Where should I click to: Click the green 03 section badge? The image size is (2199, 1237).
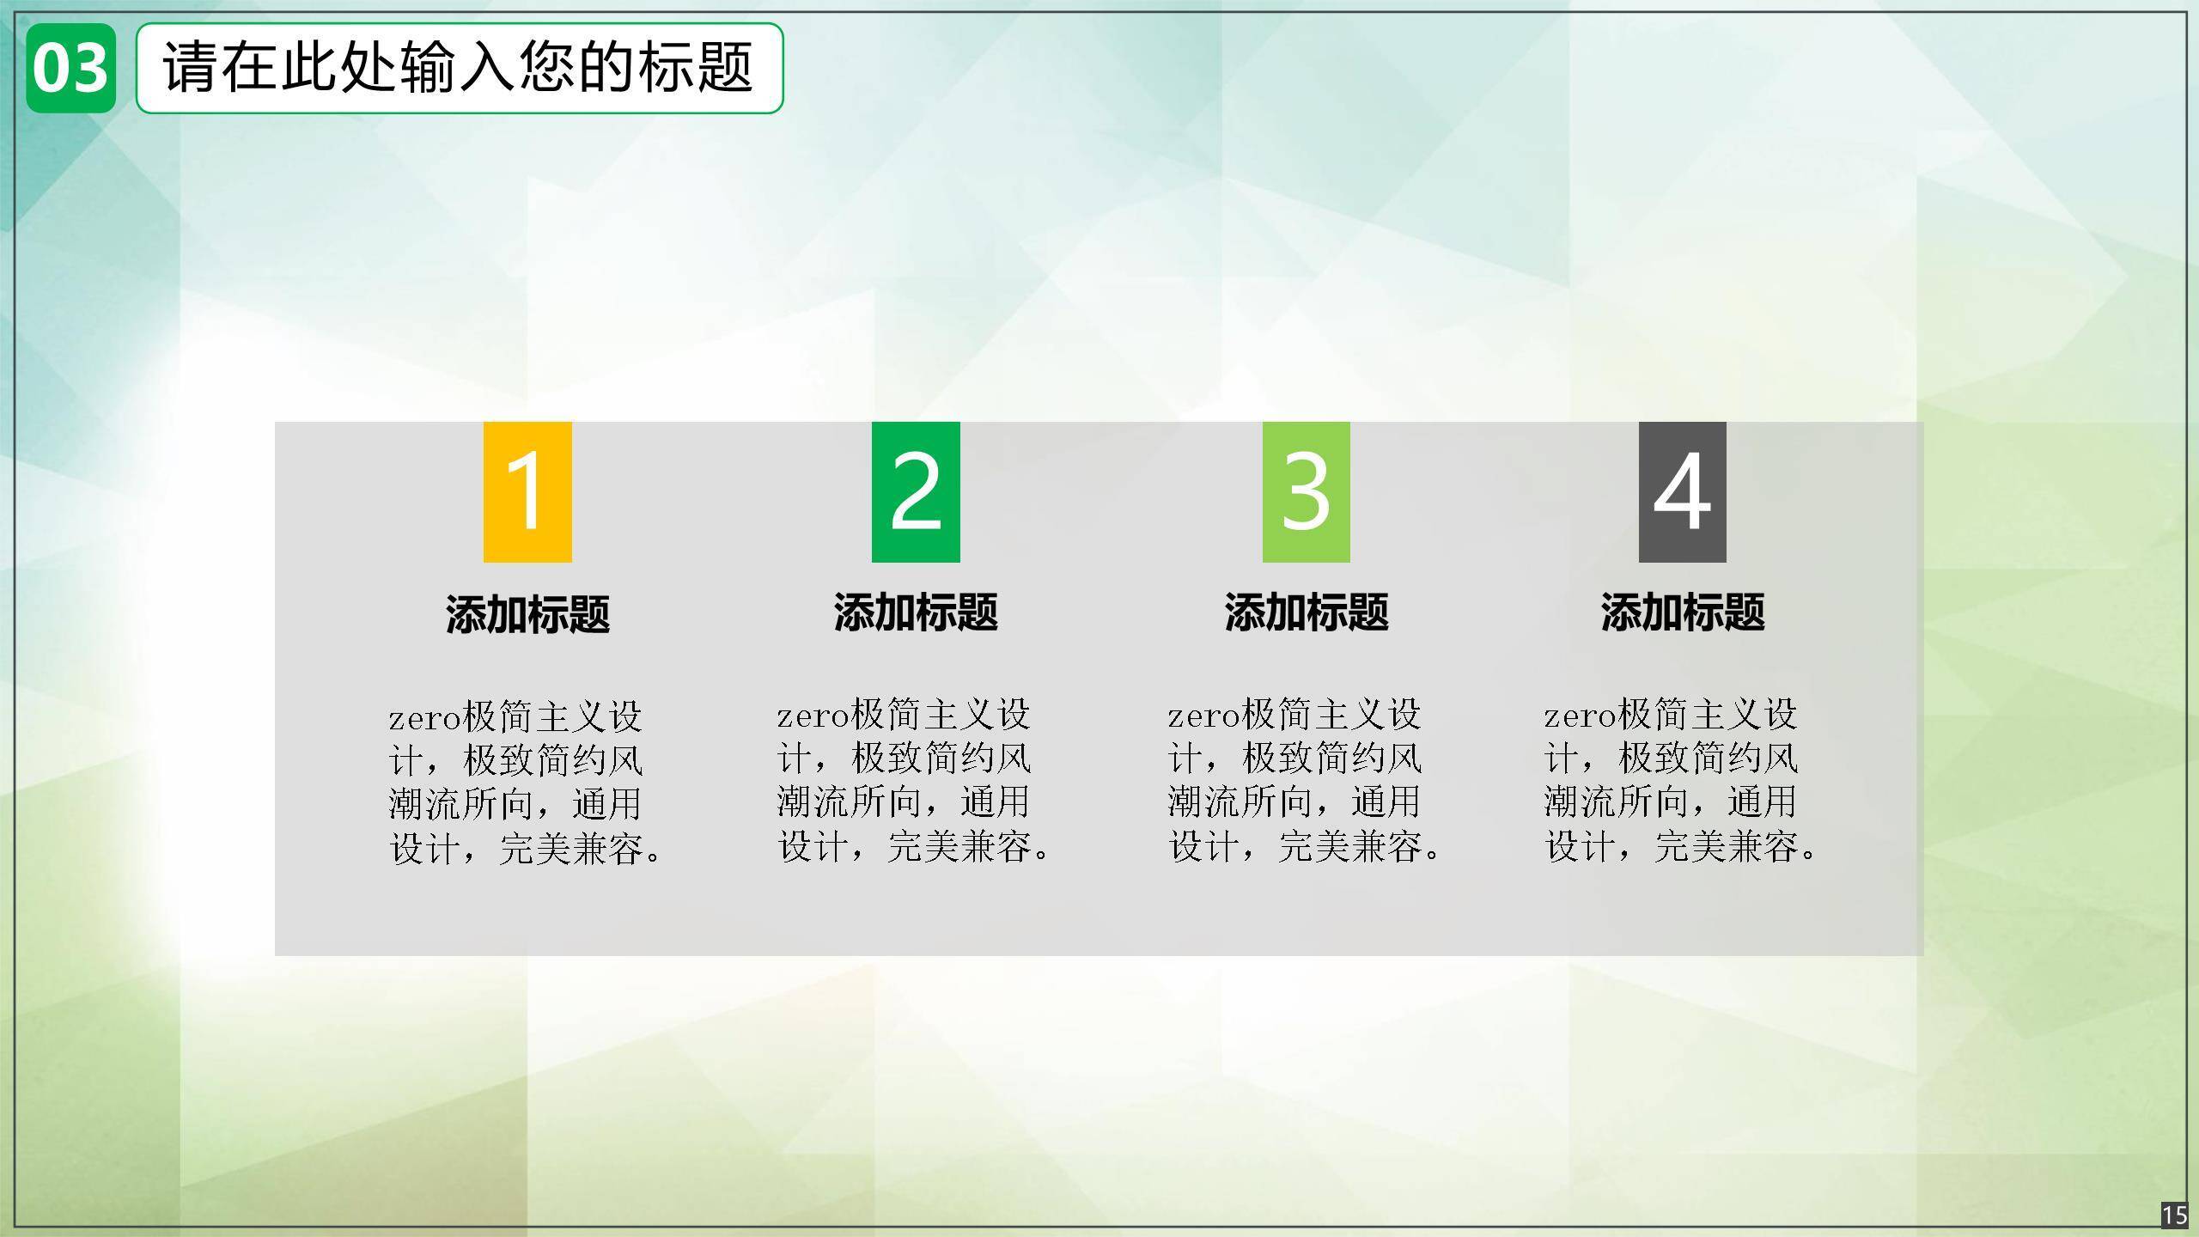pos(70,68)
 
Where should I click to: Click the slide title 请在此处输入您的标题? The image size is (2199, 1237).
pos(459,67)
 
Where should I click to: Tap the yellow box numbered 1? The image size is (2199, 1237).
pos(527,492)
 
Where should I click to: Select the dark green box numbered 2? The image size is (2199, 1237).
pos(916,492)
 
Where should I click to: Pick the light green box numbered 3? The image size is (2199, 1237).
pos(1306,492)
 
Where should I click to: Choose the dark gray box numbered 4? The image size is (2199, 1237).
pos(1682,492)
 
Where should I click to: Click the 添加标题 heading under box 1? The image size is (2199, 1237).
pos(527,614)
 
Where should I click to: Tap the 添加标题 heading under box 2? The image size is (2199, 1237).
pos(916,612)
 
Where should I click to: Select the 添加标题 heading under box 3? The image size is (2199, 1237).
pos(1306,612)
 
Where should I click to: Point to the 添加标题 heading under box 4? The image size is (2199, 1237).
pos(1682,612)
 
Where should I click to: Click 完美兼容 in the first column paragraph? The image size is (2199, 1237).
pos(571,849)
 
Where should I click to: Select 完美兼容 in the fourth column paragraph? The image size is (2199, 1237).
pos(1727,846)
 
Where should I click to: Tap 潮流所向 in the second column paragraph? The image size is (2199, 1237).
pos(849,801)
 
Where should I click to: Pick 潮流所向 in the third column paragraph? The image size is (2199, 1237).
pos(1240,801)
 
